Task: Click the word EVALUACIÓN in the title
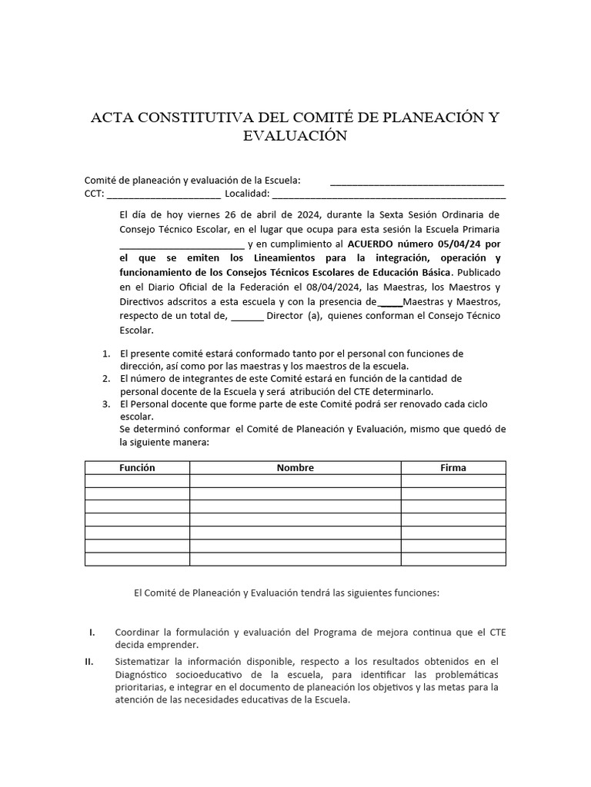click(x=295, y=136)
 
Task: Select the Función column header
click(x=137, y=467)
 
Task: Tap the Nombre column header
click(x=295, y=467)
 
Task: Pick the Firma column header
click(x=453, y=467)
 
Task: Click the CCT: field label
click(x=95, y=193)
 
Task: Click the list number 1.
click(x=106, y=354)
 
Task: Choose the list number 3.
click(x=106, y=404)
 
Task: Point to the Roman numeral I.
click(x=92, y=633)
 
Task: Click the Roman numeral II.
click(x=89, y=661)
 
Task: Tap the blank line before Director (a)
click(x=247, y=316)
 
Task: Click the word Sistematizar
click(x=143, y=661)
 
